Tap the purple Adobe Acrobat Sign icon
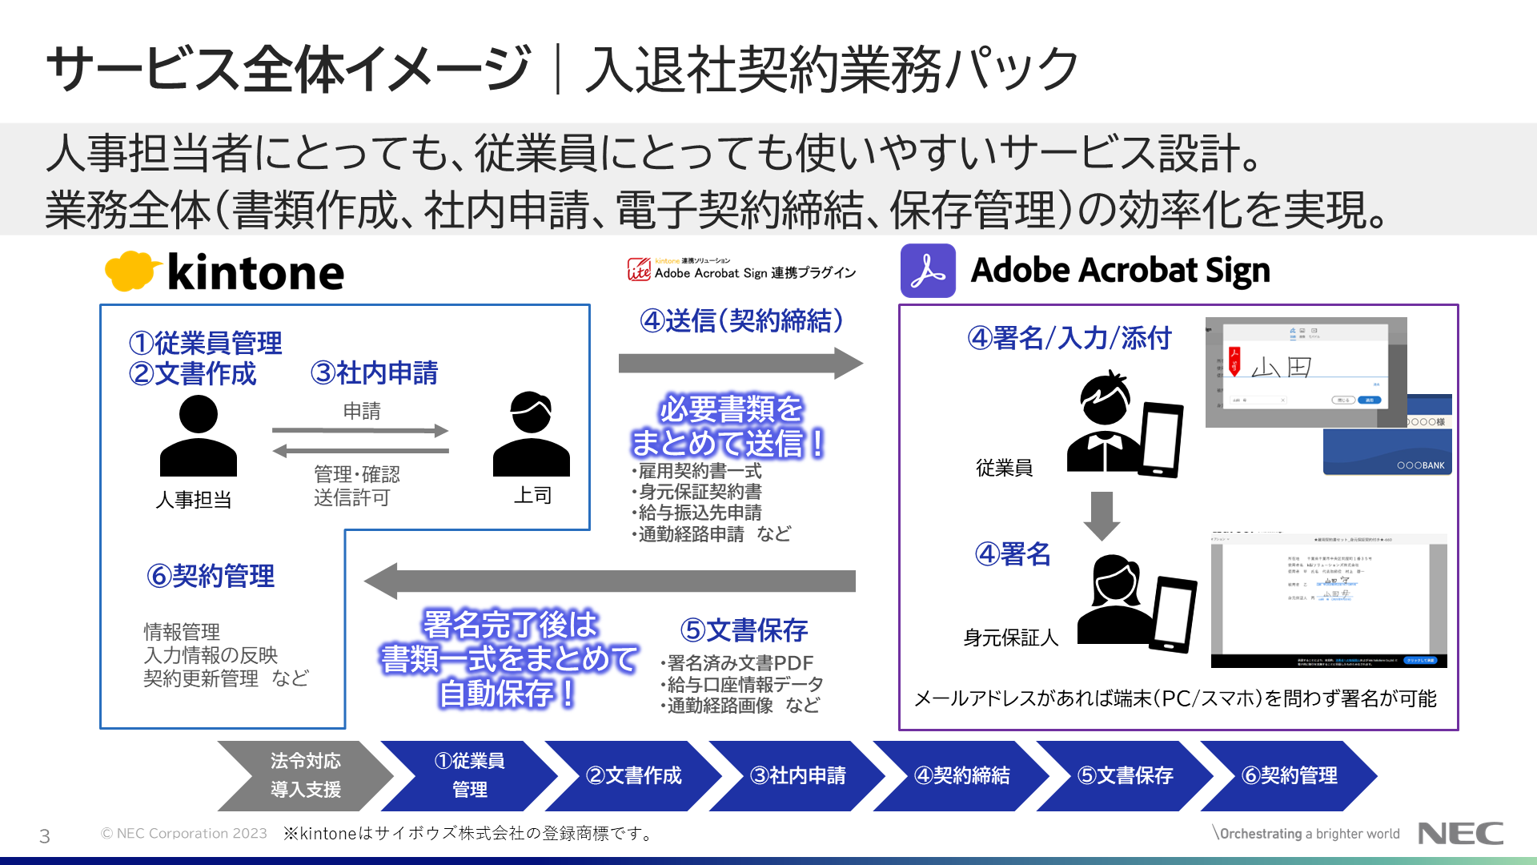tap(928, 271)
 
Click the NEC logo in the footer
tap(1460, 834)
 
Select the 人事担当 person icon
tap(198, 437)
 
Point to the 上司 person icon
tap(531, 434)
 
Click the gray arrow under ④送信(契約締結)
tap(740, 364)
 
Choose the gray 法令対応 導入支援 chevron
tap(305, 775)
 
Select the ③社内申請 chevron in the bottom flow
tap(797, 775)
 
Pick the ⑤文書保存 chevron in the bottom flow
tap(1125, 775)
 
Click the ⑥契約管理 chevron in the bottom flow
tap(1289, 775)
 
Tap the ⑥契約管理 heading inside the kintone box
tap(211, 576)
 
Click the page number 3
tap(45, 836)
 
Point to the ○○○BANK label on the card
tap(1420, 465)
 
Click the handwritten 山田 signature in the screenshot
tap(1281, 367)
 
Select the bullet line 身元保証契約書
tap(700, 492)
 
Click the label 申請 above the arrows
tap(362, 411)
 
